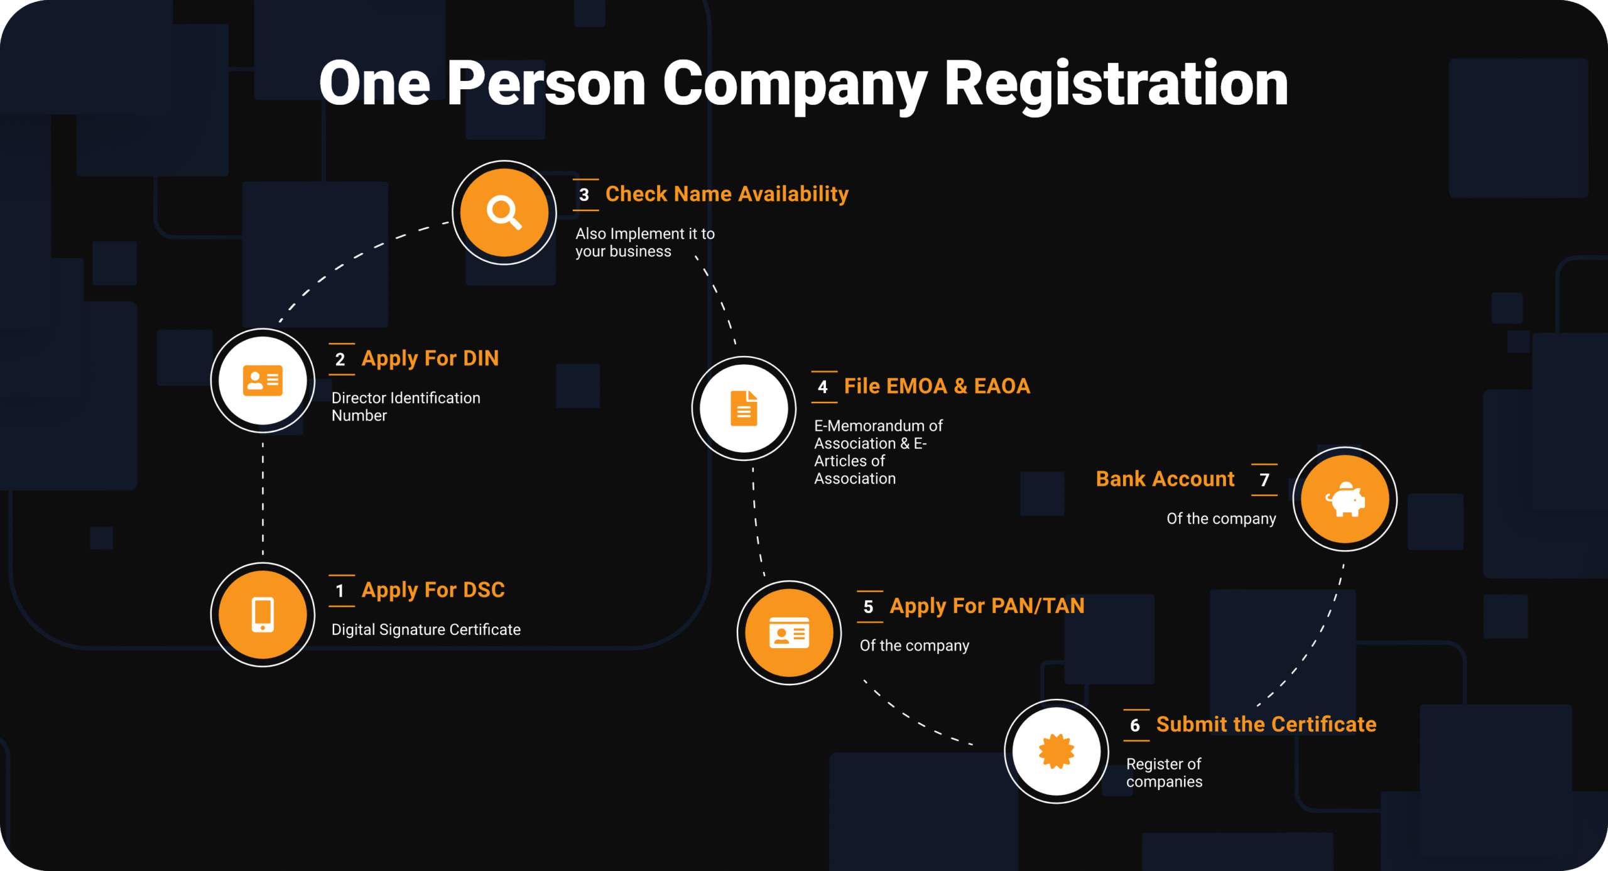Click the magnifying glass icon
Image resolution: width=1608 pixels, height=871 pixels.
[504, 212]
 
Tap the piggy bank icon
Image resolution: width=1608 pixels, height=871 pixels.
[1345, 500]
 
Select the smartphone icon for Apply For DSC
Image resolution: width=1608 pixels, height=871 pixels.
[263, 614]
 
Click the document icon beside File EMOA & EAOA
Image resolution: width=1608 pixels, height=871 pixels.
[744, 408]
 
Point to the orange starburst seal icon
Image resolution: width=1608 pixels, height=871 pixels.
[1057, 751]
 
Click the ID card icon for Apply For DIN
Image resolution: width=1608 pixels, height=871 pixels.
[263, 381]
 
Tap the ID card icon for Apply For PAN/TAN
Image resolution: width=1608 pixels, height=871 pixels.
[789, 633]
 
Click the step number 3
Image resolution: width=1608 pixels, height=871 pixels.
[584, 195]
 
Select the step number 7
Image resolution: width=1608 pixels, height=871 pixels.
[1264, 480]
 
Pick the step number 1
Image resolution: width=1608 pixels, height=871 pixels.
[340, 591]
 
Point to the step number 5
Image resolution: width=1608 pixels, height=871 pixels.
[869, 607]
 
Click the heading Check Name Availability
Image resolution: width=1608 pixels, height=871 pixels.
[727, 194]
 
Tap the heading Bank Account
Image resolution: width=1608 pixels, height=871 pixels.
[1165, 479]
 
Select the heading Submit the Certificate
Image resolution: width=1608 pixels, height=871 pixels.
[1266, 725]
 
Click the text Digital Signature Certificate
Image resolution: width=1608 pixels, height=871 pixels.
[426, 630]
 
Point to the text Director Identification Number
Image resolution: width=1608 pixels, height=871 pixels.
[406, 406]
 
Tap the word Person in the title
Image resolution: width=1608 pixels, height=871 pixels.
[546, 85]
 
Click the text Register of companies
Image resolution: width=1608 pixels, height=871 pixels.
[1164, 773]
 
